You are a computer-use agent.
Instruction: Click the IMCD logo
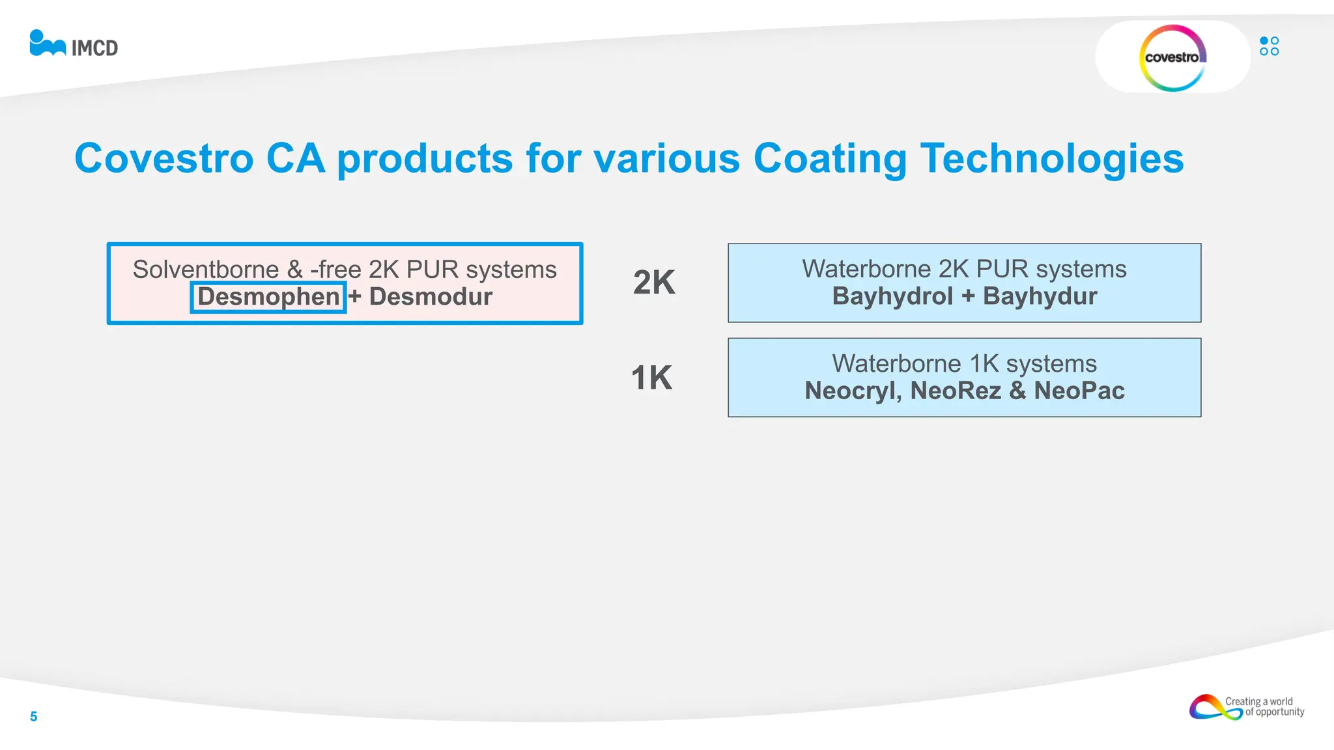tap(74, 44)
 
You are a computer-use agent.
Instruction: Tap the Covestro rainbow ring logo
tap(1172, 58)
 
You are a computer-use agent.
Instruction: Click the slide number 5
tap(34, 717)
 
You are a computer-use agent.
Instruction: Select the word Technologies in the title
tap(1051, 158)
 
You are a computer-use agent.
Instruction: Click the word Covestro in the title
tap(163, 158)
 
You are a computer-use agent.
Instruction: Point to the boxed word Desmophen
tap(268, 297)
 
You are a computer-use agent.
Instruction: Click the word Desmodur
tap(431, 297)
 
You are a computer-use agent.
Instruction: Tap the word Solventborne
tap(206, 270)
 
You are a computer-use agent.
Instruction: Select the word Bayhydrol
tap(892, 296)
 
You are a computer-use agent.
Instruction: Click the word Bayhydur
tap(1040, 296)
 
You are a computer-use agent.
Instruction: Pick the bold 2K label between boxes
tap(654, 283)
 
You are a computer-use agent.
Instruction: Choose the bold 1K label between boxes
tap(651, 378)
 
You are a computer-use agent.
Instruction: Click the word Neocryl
tap(853, 391)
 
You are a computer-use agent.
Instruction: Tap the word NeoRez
tap(956, 391)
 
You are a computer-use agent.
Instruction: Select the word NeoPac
tap(1079, 391)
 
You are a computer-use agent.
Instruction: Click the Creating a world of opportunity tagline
tap(1264, 707)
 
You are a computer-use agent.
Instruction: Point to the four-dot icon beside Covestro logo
tap(1269, 46)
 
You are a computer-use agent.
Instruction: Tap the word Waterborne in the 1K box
tap(896, 363)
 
